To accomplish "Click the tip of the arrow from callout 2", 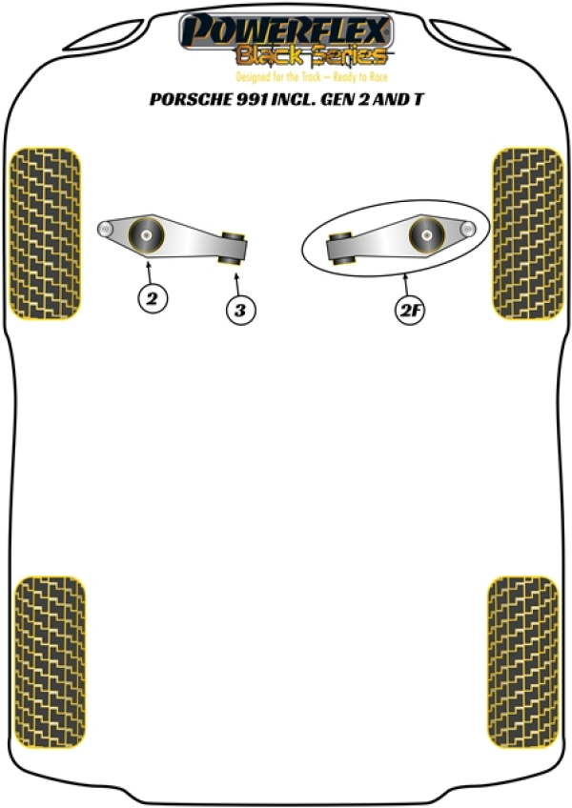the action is coord(149,262).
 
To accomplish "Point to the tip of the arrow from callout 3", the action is coord(236,274).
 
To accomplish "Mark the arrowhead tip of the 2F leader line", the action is coord(405,275).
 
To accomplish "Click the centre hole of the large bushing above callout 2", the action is coord(147,236).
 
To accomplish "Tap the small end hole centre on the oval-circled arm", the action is coord(468,229).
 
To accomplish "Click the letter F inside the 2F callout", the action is coord(416,311).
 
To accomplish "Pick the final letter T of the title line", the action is coord(418,99).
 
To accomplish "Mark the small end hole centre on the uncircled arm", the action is coord(105,229).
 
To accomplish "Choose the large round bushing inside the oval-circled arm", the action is coord(426,235).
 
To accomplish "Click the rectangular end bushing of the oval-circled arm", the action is coord(341,249).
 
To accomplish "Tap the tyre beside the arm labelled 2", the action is coord(46,233).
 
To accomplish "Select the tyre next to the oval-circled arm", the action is coord(527,233).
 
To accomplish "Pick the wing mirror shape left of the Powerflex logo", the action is coord(104,36).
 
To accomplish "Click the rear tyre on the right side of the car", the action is coord(523,662).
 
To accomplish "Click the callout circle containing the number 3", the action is coord(240,311).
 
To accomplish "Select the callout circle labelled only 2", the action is coord(153,298).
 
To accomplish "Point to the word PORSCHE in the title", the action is coord(191,99).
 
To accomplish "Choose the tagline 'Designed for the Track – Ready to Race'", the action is coord(312,77).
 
